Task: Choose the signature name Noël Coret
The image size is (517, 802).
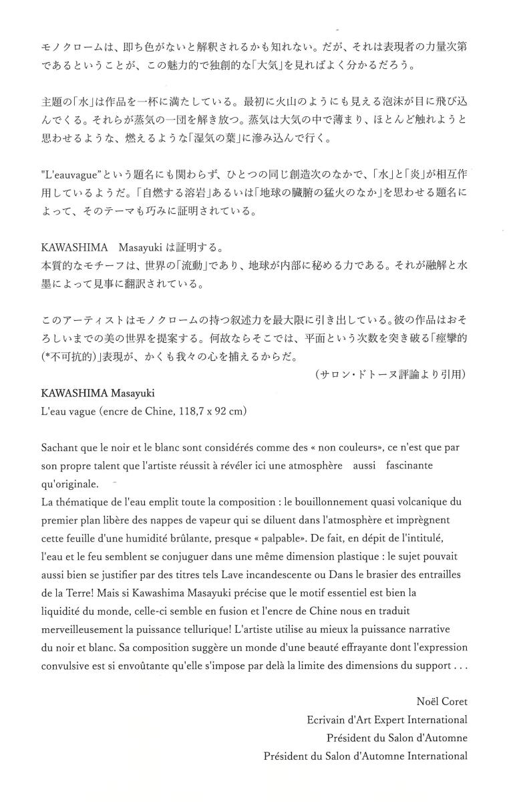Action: (441, 702)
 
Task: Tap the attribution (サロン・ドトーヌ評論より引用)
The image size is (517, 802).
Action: (391, 375)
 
